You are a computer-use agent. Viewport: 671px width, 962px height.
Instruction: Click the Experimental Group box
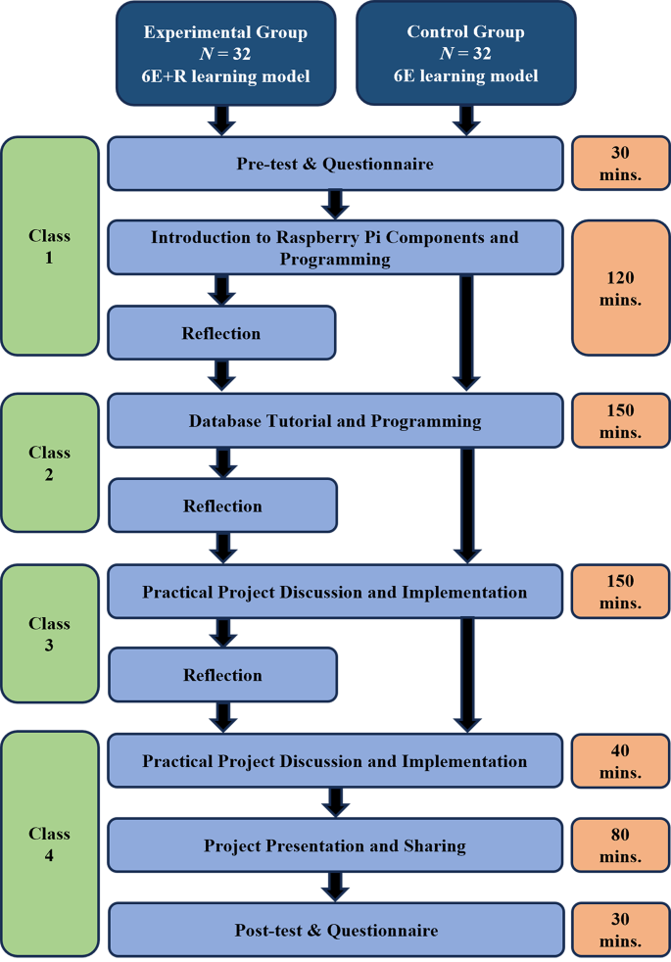pos(225,53)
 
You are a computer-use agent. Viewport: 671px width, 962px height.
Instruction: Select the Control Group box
pos(465,53)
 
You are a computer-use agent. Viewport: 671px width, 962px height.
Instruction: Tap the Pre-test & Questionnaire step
pos(335,164)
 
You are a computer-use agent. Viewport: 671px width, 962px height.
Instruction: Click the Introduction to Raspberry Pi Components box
pos(335,248)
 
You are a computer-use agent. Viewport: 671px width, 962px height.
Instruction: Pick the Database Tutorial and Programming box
pos(335,421)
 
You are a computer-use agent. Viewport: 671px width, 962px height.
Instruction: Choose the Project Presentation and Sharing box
pos(335,845)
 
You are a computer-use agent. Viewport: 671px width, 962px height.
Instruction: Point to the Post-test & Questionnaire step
pos(335,930)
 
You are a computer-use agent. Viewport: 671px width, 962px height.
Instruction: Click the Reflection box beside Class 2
pos(222,505)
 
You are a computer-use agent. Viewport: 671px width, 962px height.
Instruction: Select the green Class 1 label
pos(50,247)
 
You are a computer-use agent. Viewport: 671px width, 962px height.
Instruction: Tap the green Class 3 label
pos(50,634)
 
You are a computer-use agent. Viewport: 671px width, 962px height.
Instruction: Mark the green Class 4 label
pos(50,844)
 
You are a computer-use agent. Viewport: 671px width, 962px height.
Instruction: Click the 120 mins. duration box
pos(620,289)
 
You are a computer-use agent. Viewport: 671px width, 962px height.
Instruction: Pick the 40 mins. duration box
pos(620,761)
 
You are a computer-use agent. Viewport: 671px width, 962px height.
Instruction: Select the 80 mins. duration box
pos(620,845)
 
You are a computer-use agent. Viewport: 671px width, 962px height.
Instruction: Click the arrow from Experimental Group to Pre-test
pos(224,120)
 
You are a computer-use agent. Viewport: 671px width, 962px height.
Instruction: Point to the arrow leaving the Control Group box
pos(466,120)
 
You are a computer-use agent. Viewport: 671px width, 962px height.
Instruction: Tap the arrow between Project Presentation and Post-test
pos(335,888)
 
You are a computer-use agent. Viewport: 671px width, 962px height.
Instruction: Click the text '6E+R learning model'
pos(225,75)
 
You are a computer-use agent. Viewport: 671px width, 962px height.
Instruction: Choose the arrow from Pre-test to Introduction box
pos(335,205)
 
